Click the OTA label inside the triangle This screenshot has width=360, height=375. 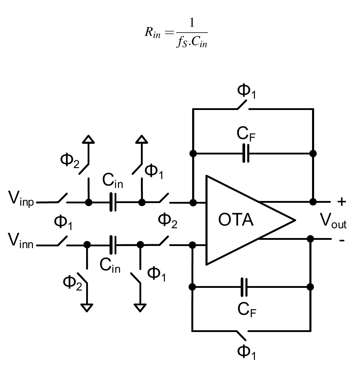point(236,220)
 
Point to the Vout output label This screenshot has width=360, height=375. point(333,221)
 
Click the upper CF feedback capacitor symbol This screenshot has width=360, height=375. point(246,153)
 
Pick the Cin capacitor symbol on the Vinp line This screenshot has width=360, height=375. point(113,202)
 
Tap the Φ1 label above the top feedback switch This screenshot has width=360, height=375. point(246,91)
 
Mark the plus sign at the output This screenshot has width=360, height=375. point(341,202)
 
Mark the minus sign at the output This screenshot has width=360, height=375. point(342,240)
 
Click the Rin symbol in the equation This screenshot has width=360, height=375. point(152,32)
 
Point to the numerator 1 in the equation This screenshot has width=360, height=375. point(192,23)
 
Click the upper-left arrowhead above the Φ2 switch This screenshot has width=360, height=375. point(88,139)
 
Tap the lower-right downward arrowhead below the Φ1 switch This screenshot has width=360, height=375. point(140,308)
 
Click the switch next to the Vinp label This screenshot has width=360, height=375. point(62,199)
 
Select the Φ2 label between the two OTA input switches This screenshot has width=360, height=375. point(168,221)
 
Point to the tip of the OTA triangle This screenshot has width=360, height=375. point(295,220)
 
